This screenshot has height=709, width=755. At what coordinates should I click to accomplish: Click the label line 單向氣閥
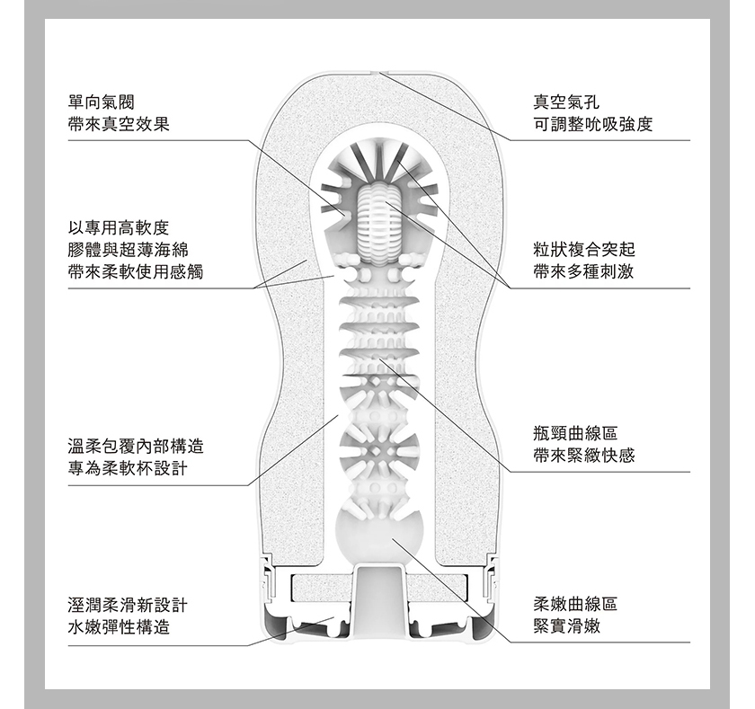point(102,102)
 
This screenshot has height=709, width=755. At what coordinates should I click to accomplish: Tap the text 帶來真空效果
point(119,125)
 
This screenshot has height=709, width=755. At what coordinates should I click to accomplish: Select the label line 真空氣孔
point(566,102)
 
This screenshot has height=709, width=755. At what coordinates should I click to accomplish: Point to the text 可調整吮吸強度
point(592,124)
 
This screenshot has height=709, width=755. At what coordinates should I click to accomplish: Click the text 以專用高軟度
point(119,227)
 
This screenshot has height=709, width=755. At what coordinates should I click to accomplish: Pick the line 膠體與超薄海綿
point(128,250)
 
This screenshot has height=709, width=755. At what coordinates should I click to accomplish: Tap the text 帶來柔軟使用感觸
point(136,272)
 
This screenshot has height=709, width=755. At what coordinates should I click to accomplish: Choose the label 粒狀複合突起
point(584,249)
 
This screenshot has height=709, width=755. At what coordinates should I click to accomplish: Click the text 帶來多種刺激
point(583,271)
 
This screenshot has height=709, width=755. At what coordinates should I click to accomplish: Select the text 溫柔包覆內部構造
point(136,447)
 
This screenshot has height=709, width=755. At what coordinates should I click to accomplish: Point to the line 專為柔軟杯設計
point(128,468)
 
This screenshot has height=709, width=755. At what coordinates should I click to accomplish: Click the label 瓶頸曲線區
point(575,433)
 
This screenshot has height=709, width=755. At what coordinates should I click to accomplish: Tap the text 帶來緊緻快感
point(584,456)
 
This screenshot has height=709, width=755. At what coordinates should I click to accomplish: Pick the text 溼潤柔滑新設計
point(128,605)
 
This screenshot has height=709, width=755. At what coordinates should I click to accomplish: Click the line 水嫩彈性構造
point(119,627)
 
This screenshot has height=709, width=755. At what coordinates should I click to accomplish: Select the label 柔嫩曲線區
point(575,604)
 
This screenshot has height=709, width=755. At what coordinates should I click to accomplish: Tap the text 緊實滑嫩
point(567,625)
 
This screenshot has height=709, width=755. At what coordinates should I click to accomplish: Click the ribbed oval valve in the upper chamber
point(378,222)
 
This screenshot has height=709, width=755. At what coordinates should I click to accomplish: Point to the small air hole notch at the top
point(378,73)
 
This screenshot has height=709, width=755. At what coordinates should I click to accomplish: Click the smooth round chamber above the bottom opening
point(379,533)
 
